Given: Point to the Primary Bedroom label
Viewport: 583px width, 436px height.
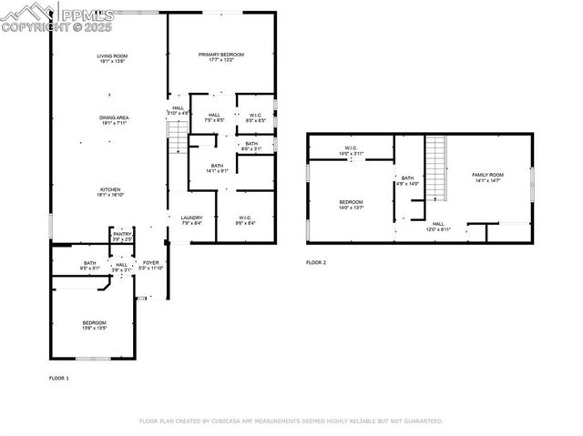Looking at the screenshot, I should click(222, 57).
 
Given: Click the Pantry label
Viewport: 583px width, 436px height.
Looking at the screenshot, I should click(122, 237).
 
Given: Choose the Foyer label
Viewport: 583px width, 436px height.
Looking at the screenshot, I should click(151, 265).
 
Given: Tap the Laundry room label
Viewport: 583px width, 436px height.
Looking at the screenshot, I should click(191, 220).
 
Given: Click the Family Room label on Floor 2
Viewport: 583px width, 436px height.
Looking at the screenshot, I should click(487, 177).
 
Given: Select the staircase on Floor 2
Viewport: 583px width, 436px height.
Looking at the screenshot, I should click(439, 167).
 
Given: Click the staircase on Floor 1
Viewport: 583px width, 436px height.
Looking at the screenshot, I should click(178, 137).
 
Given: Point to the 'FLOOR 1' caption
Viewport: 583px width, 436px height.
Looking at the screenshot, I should click(58, 377).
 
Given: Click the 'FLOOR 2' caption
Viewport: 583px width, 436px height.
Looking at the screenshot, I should click(316, 262).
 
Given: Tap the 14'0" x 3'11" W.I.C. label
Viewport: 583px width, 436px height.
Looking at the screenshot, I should click(350, 151).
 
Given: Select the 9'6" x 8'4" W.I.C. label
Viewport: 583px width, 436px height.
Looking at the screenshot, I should click(246, 220).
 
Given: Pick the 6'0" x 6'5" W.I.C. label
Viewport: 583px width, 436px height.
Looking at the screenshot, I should click(257, 117).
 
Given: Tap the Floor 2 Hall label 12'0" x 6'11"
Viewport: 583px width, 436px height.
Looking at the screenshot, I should click(438, 227).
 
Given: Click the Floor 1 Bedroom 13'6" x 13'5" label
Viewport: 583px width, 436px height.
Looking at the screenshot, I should click(95, 325).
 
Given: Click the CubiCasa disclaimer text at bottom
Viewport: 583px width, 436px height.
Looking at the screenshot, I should click(291, 421).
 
